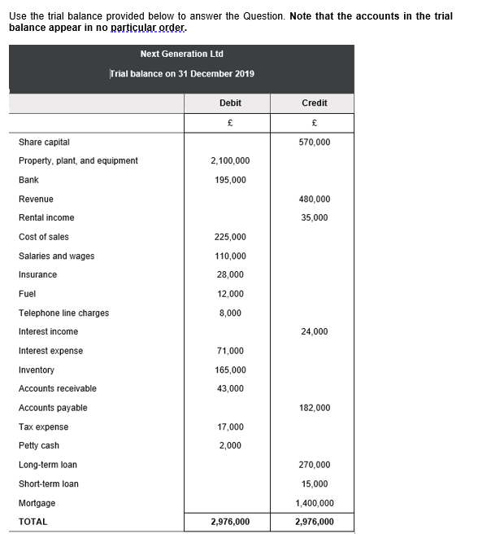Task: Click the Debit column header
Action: (x=230, y=103)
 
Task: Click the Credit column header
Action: (x=314, y=103)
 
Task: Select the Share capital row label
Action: (x=44, y=142)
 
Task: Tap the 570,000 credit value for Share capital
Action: (x=315, y=142)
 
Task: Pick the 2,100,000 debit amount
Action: (x=230, y=161)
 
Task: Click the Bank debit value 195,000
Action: (x=230, y=180)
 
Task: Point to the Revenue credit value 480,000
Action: (x=315, y=199)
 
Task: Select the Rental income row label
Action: (x=46, y=218)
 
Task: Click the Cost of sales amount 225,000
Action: (x=230, y=237)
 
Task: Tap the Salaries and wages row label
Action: (x=56, y=256)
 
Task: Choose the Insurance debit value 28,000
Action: (x=230, y=275)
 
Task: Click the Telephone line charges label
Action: (x=63, y=313)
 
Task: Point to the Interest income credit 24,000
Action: (x=315, y=332)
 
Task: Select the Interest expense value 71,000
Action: (x=230, y=351)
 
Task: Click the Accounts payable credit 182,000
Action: (x=315, y=408)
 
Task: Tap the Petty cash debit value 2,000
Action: (x=230, y=446)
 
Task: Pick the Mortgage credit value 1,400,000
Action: (x=315, y=503)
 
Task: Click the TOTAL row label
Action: (x=33, y=522)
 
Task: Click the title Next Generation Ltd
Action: (x=181, y=55)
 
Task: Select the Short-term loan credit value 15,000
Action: (x=315, y=484)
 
